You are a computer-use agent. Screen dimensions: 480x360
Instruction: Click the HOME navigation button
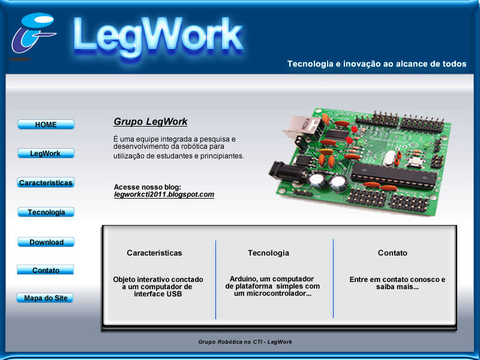tap(46, 124)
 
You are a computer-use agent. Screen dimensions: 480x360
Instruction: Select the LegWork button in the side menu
tap(46, 153)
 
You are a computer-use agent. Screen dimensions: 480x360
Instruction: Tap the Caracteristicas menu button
tap(46, 182)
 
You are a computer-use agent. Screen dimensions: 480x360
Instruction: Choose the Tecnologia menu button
tap(46, 212)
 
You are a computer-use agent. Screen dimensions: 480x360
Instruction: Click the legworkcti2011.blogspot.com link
tap(164, 194)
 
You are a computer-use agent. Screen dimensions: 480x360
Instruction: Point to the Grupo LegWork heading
tap(151, 122)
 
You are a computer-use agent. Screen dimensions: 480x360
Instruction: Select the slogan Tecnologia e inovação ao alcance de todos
tap(376, 64)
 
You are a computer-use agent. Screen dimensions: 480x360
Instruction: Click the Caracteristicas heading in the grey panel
tap(154, 253)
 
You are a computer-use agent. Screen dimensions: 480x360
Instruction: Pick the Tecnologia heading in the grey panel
tap(268, 253)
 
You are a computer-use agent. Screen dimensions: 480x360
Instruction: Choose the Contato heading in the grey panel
tap(392, 253)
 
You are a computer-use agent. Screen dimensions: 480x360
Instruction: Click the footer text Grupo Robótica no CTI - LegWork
tap(245, 341)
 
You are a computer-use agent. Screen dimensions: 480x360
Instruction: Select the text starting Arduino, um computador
tap(272, 286)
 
